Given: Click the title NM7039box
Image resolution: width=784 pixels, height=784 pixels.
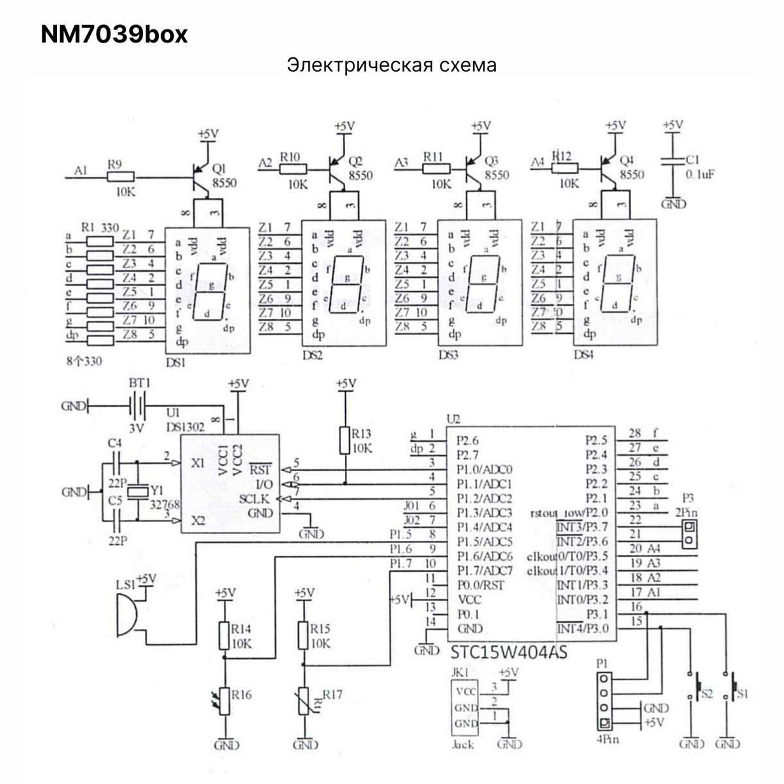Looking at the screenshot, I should tap(114, 35).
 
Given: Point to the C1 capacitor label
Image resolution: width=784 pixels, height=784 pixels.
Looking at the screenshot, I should tap(693, 159).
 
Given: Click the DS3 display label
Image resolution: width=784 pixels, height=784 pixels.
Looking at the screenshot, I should tap(448, 355).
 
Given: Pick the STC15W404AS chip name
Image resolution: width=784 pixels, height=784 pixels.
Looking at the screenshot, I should tap(508, 651).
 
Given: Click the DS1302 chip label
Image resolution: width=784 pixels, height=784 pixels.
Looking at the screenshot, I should tap(186, 427).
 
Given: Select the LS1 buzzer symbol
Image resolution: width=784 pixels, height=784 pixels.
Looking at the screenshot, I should tap(127, 613).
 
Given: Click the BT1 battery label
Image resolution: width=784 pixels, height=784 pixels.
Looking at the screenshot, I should tap(139, 383).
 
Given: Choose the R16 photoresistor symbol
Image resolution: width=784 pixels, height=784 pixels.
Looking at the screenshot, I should tap(224, 700).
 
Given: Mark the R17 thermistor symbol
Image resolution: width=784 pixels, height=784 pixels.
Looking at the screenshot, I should tap(303, 702).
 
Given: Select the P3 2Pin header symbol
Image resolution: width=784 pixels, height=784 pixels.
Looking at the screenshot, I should tap(689, 534).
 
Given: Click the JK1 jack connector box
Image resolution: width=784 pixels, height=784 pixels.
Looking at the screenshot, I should tap(465, 708).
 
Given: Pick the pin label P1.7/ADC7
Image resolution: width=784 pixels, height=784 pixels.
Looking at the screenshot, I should tap(484, 571).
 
